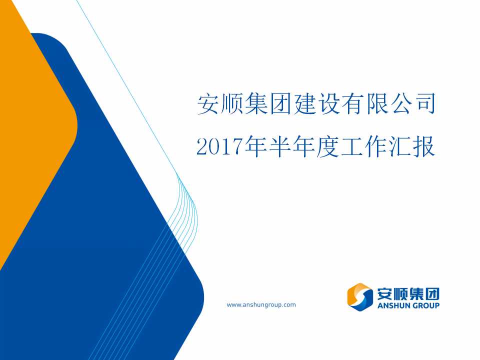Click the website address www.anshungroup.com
coord(261,305)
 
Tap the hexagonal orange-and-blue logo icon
coord(360,297)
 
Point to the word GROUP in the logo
coord(426,305)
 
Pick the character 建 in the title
coord(305,104)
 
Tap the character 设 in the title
coord(329,104)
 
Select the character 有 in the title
coord(353,104)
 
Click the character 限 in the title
coord(377,104)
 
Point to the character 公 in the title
coord(401,104)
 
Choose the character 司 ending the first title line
coord(425,104)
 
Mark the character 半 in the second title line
coord(279,146)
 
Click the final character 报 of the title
coord(423,146)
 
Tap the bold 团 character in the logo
coord(432,294)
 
